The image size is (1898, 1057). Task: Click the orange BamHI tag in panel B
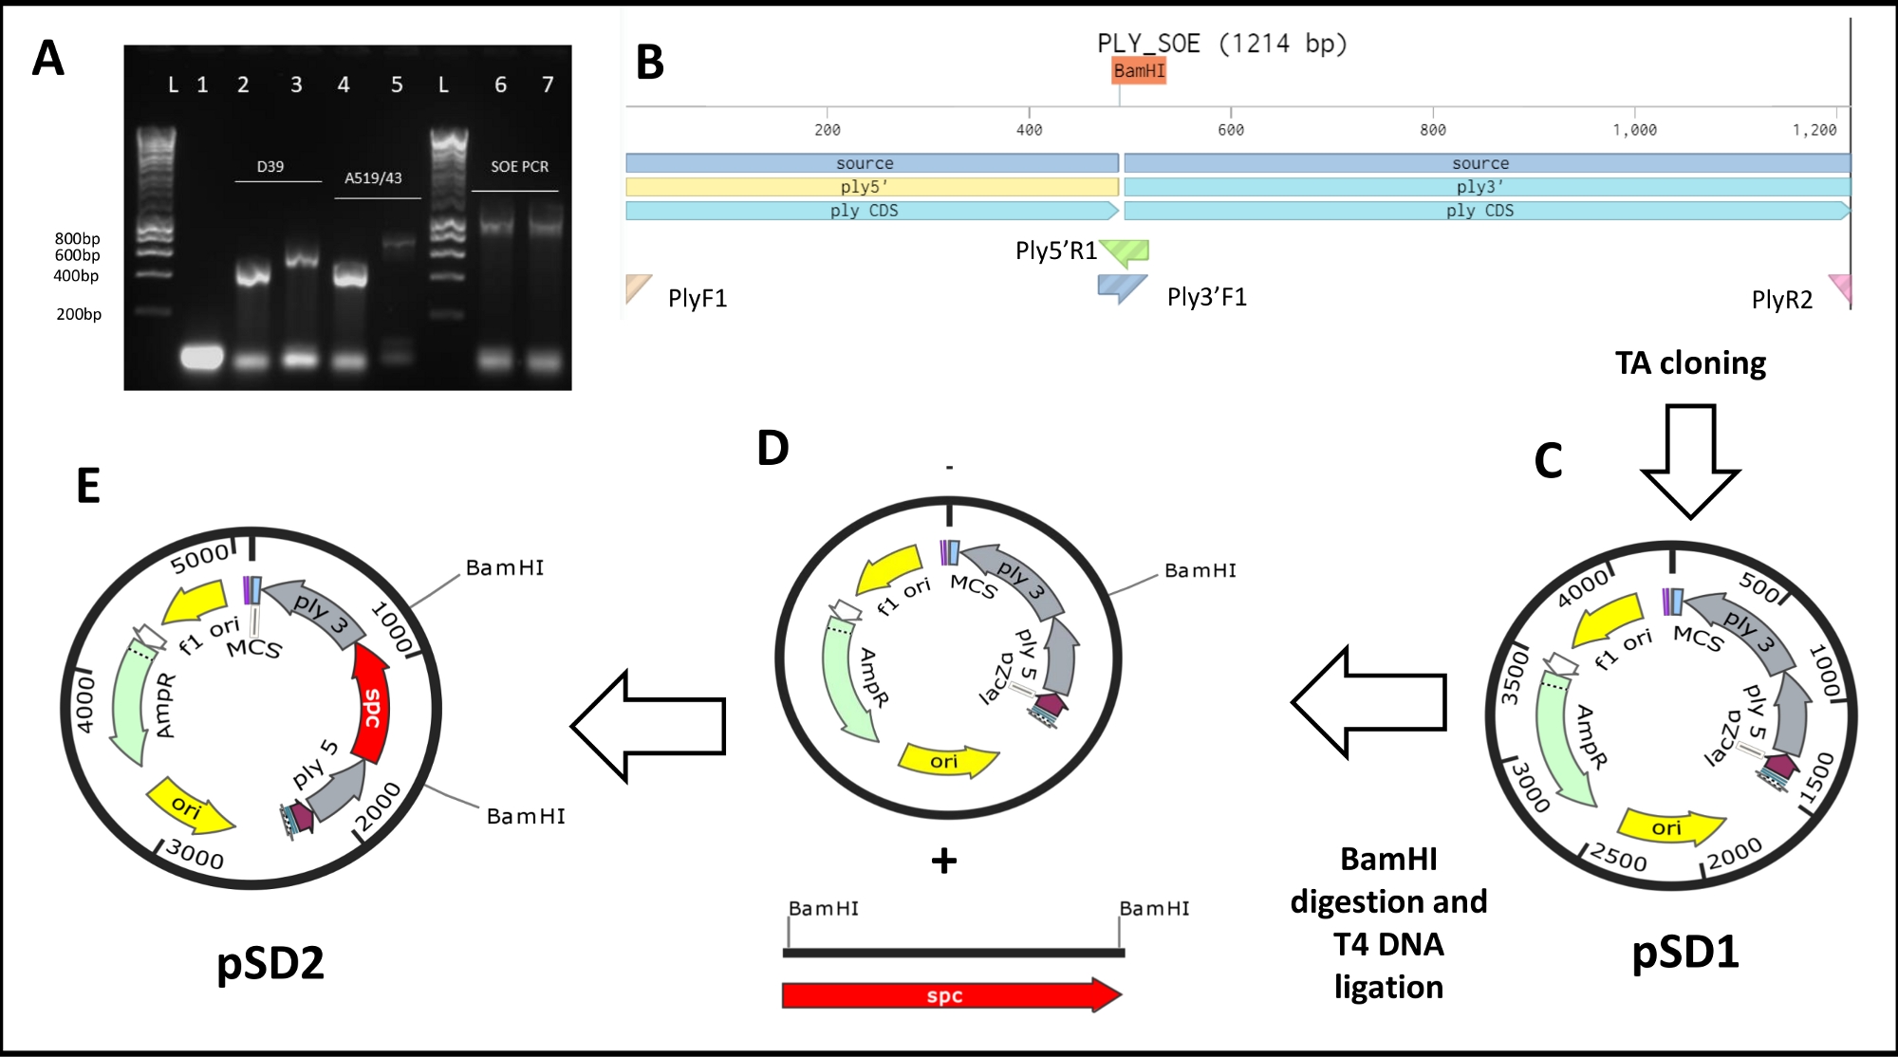click(x=1139, y=70)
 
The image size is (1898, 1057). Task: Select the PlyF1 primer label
click(x=698, y=298)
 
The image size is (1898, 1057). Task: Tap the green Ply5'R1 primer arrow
click(x=1125, y=251)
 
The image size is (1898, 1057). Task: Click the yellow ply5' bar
click(x=872, y=187)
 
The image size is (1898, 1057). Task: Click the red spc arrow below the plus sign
click(x=952, y=995)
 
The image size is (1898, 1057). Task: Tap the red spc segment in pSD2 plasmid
click(x=371, y=703)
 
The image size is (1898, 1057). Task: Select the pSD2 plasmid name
click(x=270, y=963)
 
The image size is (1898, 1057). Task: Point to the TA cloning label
click(x=1690, y=362)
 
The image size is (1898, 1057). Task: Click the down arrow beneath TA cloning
click(x=1690, y=461)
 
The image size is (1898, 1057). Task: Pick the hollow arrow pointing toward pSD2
click(x=648, y=726)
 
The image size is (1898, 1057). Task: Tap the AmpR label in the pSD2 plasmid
click(x=165, y=705)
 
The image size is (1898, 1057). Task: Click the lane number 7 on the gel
click(x=548, y=84)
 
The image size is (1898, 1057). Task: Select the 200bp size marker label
click(x=79, y=314)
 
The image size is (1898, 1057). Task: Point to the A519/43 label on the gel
click(x=373, y=177)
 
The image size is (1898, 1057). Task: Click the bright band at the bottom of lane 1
click(x=201, y=358)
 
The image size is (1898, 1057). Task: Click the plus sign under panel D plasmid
click(x=944, y=861)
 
